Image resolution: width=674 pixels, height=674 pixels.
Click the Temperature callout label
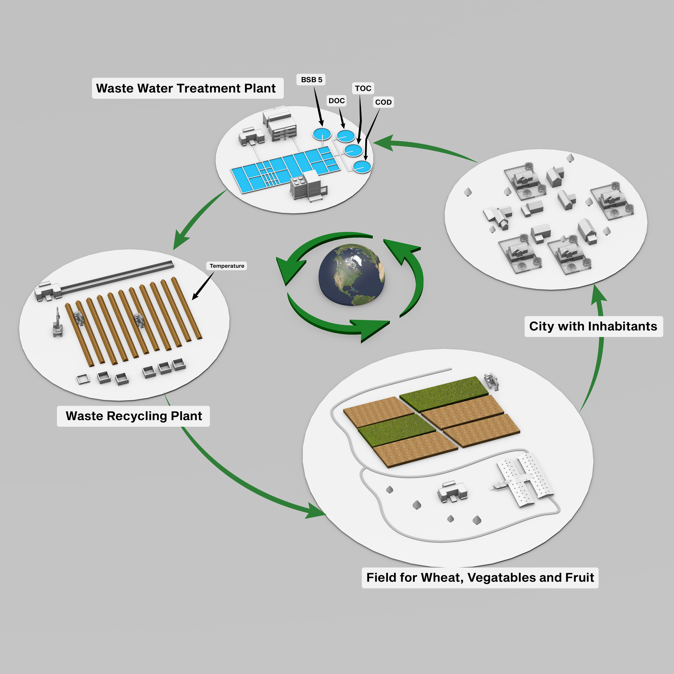point(227,266)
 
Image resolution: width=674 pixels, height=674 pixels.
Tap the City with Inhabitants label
point(593,326)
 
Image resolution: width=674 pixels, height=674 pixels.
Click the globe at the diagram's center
point(352,275)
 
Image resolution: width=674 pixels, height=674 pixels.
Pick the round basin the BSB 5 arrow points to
point(321,134)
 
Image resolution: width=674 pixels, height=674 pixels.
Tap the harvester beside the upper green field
point(492,381)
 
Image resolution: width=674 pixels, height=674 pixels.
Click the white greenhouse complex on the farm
point(523,480)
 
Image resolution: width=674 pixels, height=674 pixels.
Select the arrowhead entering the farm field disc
point(316,512)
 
